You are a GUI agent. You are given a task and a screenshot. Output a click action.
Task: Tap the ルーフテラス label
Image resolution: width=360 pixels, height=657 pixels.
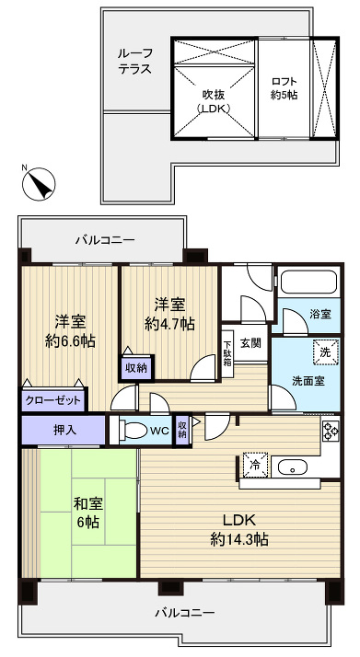[x=134, y=62]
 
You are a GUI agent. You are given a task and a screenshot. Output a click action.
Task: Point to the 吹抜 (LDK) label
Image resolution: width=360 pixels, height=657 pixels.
[x=213, y=99]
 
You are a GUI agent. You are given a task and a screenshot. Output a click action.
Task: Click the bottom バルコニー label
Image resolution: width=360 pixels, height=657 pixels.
[x=183, y=612]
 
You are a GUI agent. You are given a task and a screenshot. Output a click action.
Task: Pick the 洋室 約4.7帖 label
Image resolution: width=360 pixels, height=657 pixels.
[x=169, y=313]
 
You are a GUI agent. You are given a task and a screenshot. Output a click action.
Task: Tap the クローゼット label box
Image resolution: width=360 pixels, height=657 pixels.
[x=53, y=401]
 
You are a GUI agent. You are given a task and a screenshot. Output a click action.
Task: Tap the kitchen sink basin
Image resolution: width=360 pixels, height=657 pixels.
[x=294, y=466]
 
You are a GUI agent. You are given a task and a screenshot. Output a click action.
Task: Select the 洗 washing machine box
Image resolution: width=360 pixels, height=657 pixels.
[x=324, y=351]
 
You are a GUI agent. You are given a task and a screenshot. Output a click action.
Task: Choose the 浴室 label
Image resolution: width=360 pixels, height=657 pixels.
[x=319, y=315]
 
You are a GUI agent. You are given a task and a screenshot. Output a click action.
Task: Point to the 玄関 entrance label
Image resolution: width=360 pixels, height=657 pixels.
[x=250, y=342]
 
